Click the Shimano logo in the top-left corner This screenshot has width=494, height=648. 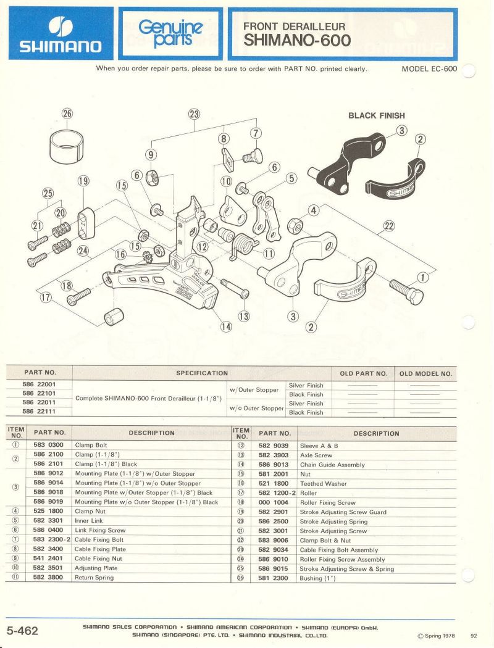pyautogui.click(x=61, y=33)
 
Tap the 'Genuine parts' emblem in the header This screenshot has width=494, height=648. pyautogui.click(x=170, y=33)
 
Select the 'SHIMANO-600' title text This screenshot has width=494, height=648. pyautogui.click(x=297, y=41)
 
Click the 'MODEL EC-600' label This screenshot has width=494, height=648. pyautogui.click(x=429, y=69)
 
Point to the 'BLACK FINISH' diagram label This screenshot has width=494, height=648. pyautogui.click(x=377, y=115)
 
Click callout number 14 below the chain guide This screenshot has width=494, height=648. pyautogui.click(x=227, y=326)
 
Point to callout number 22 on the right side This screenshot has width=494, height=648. pyautogui.click(x=389, y=226)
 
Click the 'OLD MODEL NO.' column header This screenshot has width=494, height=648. pyautogui.click(x=425, y=373)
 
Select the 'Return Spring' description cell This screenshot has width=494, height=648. pyautogui.click(x=94, y=578)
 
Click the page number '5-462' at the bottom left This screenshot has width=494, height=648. pyautogui.click(x=22, y=631)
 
